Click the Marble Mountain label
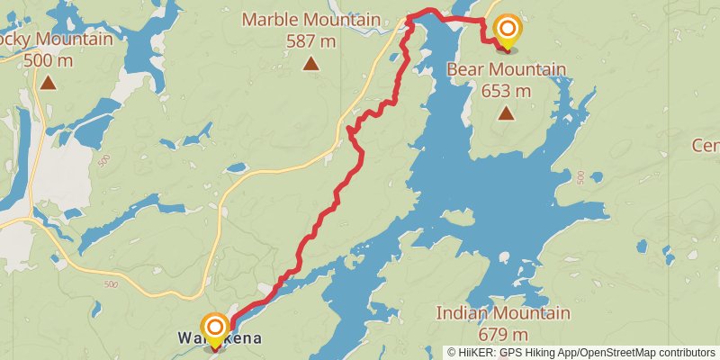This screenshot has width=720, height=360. coord(310,20)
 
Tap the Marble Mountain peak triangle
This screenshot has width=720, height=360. coord(310,63)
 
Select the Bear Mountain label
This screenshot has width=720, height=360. coord(507,70)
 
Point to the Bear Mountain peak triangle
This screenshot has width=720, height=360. coord(507,113)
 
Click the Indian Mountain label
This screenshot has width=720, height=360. coord(503,313)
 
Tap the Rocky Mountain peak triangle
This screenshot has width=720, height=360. coord(48,83)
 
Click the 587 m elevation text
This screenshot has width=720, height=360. coord(310,40)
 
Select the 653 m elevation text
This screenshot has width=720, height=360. coord(507,91)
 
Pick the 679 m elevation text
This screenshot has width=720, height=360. coord(503,334)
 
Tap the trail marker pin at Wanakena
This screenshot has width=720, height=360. coord(215,328)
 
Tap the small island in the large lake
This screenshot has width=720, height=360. coord(459,219)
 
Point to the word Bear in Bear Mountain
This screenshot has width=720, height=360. coord(466,70)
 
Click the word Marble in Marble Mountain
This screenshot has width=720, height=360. coord(267,20)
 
